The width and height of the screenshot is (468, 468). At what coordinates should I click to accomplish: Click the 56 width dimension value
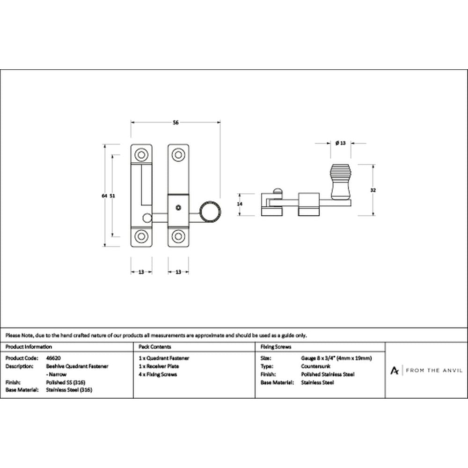point(175,122)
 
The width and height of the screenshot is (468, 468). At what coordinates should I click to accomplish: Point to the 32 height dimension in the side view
point(373,190)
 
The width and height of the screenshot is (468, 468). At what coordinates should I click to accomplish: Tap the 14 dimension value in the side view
point(240,204)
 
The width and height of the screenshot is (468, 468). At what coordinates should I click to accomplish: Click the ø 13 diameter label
point(340,143)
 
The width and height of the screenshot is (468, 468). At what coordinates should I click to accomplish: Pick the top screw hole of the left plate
point(141,155)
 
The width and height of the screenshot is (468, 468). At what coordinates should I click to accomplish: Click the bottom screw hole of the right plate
point(178,236)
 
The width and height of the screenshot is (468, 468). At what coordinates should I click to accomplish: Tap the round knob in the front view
point(210,212)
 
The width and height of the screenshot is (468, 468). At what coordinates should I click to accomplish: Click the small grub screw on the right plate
point(178,207)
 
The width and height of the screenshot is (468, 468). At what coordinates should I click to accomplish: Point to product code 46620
point(53,358)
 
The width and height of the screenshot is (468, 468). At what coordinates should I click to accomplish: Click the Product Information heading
point(29,347)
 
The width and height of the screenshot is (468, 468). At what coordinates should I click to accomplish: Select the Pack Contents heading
point(154,347)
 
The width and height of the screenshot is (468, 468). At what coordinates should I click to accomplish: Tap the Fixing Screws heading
point(276,347)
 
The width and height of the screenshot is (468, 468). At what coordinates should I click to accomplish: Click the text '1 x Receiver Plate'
point(159,366)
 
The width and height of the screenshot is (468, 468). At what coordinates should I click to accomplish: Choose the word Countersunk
point(315,366)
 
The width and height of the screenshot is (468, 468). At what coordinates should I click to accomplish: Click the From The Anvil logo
point(426,370)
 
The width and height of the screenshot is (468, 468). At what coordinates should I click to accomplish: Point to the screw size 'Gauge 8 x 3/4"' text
point(318,358)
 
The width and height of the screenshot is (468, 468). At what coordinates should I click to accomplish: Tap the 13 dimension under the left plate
point(141,272)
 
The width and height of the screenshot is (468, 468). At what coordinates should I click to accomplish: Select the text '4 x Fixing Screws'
point(158,374)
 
